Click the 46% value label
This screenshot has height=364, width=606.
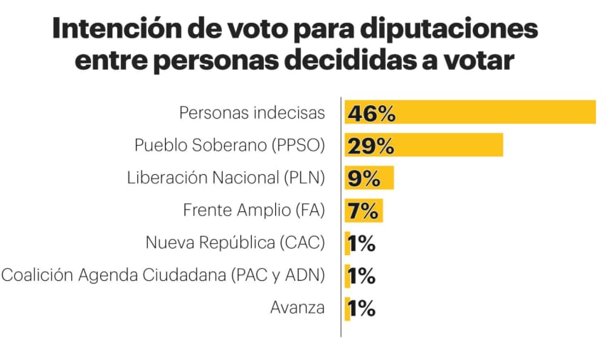click(x=371, y=113)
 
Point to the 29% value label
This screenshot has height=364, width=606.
click(x=371, y=146)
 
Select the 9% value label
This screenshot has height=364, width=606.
click(x=363, y=178)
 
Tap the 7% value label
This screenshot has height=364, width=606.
click(x=363, y=211)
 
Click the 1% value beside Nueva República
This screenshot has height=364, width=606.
click(x=361, y=244)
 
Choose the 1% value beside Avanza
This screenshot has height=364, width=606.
click(x=361, y=309)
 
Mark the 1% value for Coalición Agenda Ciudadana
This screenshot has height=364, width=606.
click(x=361, y=276)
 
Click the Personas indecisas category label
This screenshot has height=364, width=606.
click(x=252, y=112)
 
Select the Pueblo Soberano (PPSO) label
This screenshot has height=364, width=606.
click(x=229, y=145)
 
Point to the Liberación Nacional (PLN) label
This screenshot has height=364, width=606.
click(x=225, y=178)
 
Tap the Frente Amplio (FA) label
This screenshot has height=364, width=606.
click(x=254, y=210)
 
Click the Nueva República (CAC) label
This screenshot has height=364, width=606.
click(x=235, y=243)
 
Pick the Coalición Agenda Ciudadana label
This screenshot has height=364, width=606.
click(x=163, y=276)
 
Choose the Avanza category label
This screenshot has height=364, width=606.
click(x=297, y=308)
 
